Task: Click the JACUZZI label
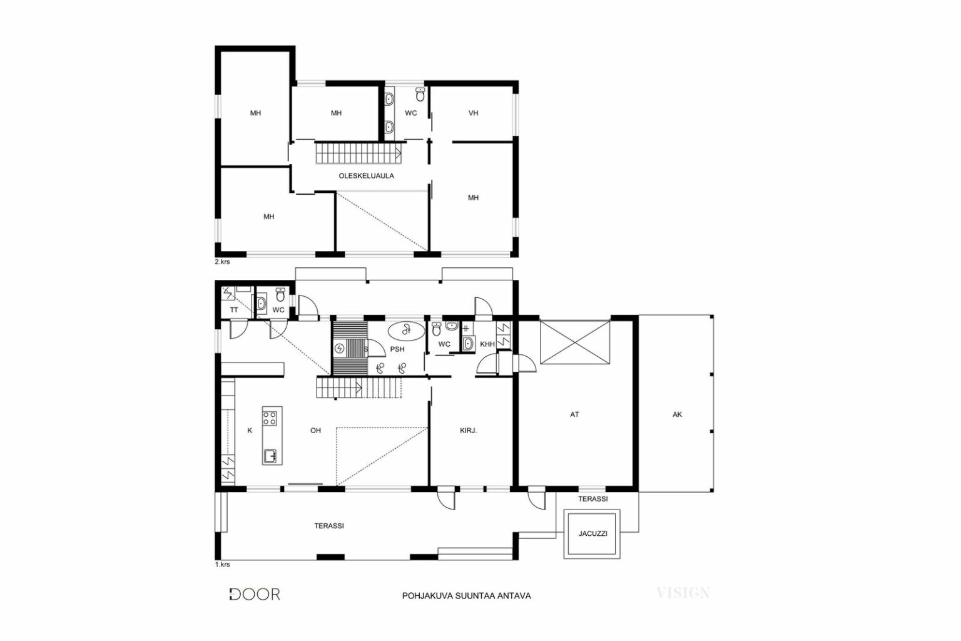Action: (x=592, y=534)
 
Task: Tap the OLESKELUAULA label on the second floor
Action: (x=367, y=176)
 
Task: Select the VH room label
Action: (x=473, y=113)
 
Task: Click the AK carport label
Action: (x=677, y=414)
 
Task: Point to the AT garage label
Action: (x=574, y=414)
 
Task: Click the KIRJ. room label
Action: (x=469, y=430)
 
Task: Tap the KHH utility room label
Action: (x=487, y=344)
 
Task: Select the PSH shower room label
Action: (x=397, y=349)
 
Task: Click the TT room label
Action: (x=234, y=310)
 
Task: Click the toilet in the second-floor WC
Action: (x=420, y=95)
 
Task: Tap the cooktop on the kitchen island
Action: (x=270, y=418)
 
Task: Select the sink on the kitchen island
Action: (x=270, y=456)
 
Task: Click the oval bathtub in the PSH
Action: (x=406, y=330)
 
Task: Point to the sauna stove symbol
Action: (x=339, y=348)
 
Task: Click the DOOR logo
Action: (x=255, y=594)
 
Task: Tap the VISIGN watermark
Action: (x=683, y=593)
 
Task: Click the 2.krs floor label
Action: (x=222, y=262)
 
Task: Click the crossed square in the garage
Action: (x=574, y=342)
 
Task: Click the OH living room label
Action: (x=315, y=430)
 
